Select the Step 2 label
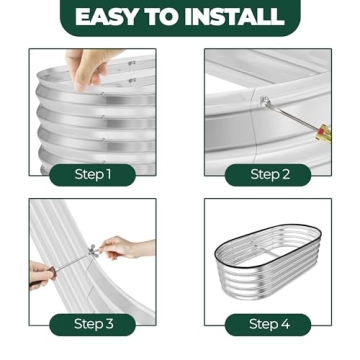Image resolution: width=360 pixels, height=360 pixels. click(x=269, y=174)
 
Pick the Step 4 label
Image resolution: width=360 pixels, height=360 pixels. click(x=269, y=323)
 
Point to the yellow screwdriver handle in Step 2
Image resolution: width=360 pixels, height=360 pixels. click(x=322, y=133)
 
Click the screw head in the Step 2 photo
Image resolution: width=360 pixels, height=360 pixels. click(x=263, y=99)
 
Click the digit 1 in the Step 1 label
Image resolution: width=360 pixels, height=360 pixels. click(x=108, y=174)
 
